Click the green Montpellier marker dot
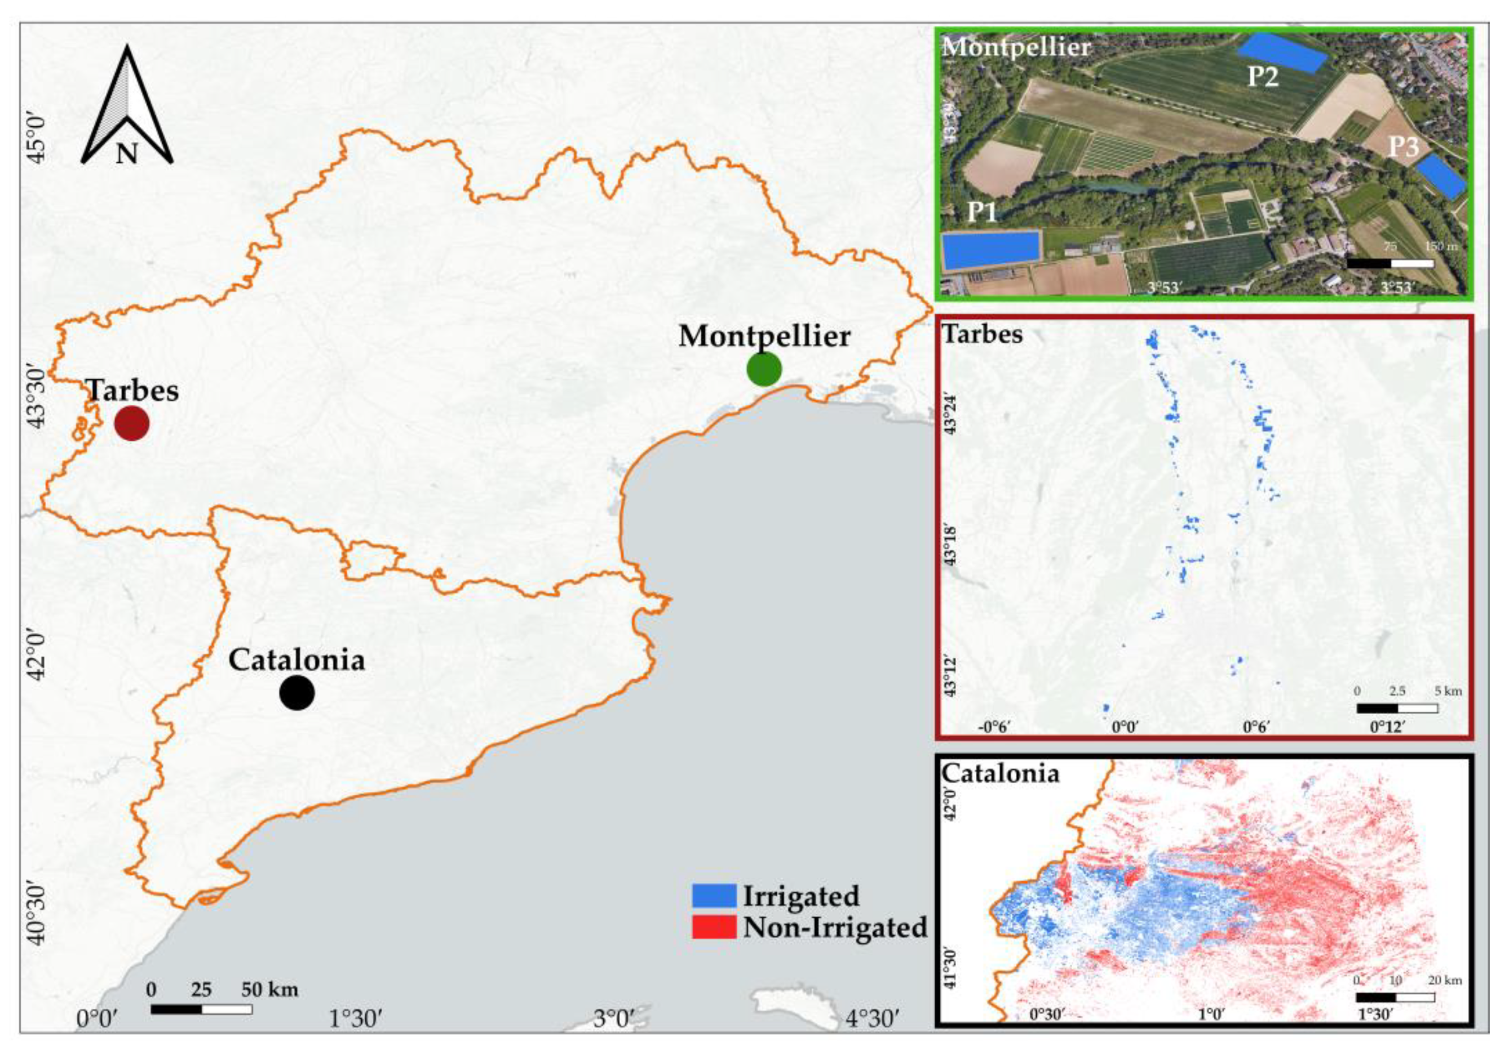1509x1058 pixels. click(764, 369)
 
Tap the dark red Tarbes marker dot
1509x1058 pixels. click(131, 423)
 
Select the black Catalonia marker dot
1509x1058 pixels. click(297, 692)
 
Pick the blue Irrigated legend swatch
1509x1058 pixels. click(714, 895)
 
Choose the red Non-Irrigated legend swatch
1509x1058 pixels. click(714, 927)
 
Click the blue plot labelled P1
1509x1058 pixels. click(991, 250)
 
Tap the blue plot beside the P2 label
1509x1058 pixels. click(1282, 52)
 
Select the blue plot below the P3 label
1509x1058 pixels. click(1441, 176)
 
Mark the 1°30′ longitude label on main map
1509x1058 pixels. click(356, 1038)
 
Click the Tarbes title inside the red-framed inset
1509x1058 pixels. click(983, 334)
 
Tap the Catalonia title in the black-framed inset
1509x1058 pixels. click(1001, 773)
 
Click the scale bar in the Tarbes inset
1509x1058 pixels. click(1397, 708)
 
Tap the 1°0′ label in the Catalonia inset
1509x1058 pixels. click(1211, 1033)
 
